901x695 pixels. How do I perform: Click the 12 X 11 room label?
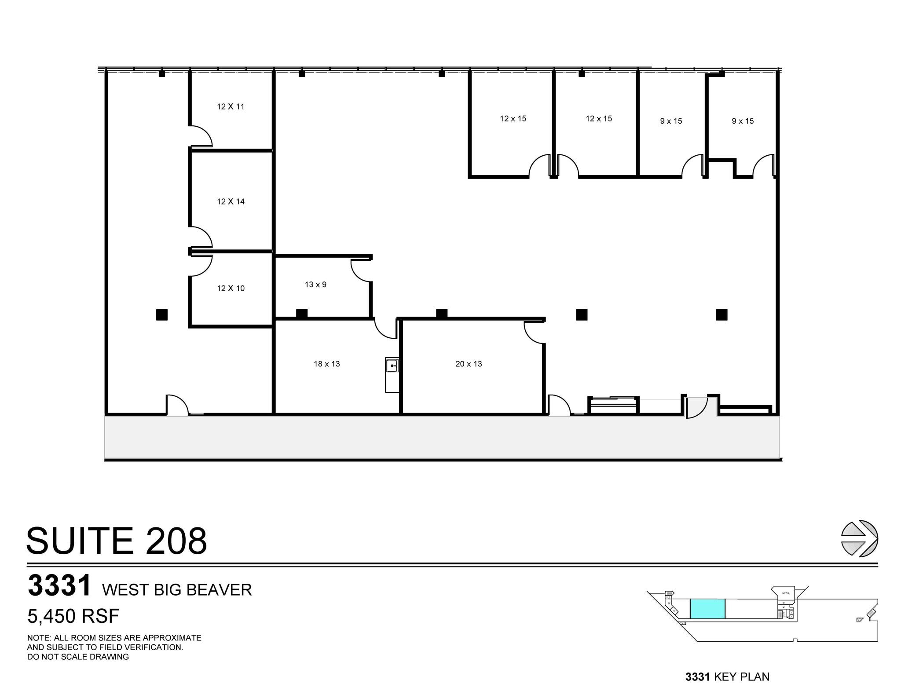point(231,106)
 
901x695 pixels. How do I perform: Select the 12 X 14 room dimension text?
point(231,201)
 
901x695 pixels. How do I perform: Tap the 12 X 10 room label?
point(231,288)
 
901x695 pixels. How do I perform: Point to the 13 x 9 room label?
point(315,285)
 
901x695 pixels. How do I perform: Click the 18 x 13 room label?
point(326,364)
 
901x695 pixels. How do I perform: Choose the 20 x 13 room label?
point(469,364)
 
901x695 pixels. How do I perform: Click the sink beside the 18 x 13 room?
point(392,366)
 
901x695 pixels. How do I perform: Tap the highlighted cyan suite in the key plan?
point(707,609)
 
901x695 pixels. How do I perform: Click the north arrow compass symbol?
point(859,538)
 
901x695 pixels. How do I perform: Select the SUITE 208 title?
point(117,541)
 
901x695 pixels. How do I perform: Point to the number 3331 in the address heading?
point(59,585)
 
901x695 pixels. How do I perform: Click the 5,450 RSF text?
point(73,616)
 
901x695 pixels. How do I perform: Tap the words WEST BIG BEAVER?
point(177,589)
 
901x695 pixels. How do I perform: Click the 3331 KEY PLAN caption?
point(727,677)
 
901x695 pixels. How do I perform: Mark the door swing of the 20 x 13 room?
point(534,333)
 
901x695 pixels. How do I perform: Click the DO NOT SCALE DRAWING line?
point(78,657)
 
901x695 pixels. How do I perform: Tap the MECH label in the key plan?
point(786,593)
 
